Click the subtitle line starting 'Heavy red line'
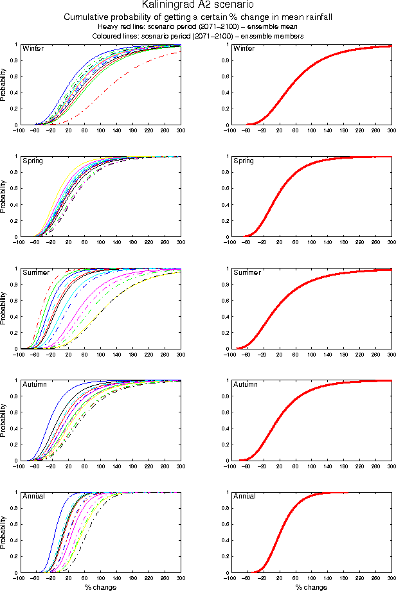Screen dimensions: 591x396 (x=197, y=27)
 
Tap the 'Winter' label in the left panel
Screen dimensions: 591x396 (x=33, y=49)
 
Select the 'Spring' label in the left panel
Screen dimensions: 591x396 (x=33, y=161)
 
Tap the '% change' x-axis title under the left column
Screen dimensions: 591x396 (x=100, y=587)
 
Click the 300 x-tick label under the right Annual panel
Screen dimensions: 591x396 (x=391, y=578)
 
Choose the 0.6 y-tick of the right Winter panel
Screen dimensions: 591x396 (x=222, y=77)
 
